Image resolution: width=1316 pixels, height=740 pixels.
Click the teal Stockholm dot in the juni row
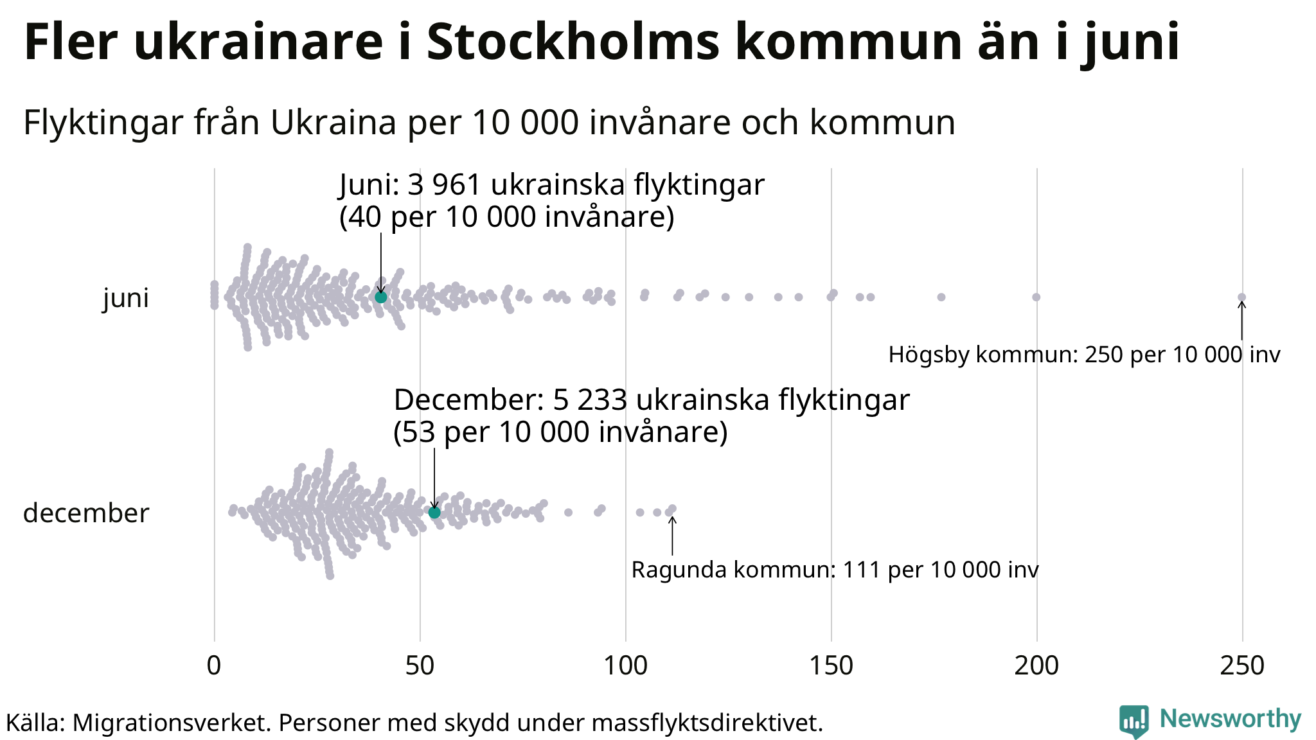pos(380,297)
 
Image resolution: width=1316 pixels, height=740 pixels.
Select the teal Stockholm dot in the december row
pos(434,512)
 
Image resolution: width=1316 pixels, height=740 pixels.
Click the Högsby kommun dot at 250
pos(1241,297)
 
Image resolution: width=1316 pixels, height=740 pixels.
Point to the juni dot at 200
pos(1036,297)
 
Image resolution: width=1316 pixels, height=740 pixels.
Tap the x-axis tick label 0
pos(214,666)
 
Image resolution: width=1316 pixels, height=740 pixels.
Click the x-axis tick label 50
pos(420,666)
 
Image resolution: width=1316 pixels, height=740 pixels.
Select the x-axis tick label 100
pos(625,666)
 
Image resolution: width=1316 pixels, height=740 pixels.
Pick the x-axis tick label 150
pos(831,666)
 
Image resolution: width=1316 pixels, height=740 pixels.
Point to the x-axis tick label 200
pos(1036,666)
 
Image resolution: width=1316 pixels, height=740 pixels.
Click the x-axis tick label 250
pos(1242,666)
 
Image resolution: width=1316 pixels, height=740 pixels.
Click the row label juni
pos(126,298)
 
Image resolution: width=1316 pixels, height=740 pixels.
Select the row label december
pos(86,513)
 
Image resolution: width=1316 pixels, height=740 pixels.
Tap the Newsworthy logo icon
pos(1134,721)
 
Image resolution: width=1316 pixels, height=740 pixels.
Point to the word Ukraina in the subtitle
pos(333,122)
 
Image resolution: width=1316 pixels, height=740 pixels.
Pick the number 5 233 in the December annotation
pos(590,400)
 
